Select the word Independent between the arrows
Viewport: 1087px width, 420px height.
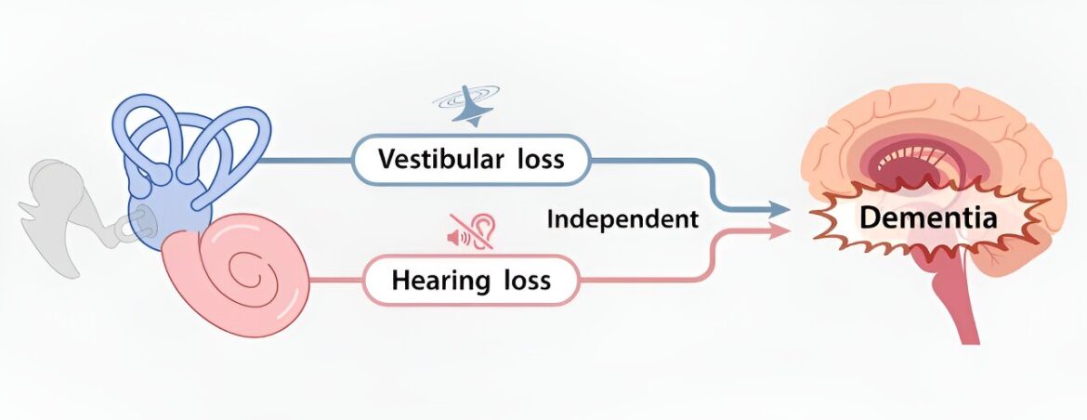click(622, 219)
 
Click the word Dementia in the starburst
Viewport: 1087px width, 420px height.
click(928, 218)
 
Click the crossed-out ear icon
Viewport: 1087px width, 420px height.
click(471, 231)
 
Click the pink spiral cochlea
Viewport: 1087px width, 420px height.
click(236, 274)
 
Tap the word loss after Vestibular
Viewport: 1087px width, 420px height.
click(540, 159)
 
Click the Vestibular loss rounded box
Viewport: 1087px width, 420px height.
click(471, 160)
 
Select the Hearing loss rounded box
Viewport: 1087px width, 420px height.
click(471, 281)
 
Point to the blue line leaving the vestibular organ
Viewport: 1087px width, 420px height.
click(306, 160)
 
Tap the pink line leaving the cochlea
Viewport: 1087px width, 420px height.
click(335, 281)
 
